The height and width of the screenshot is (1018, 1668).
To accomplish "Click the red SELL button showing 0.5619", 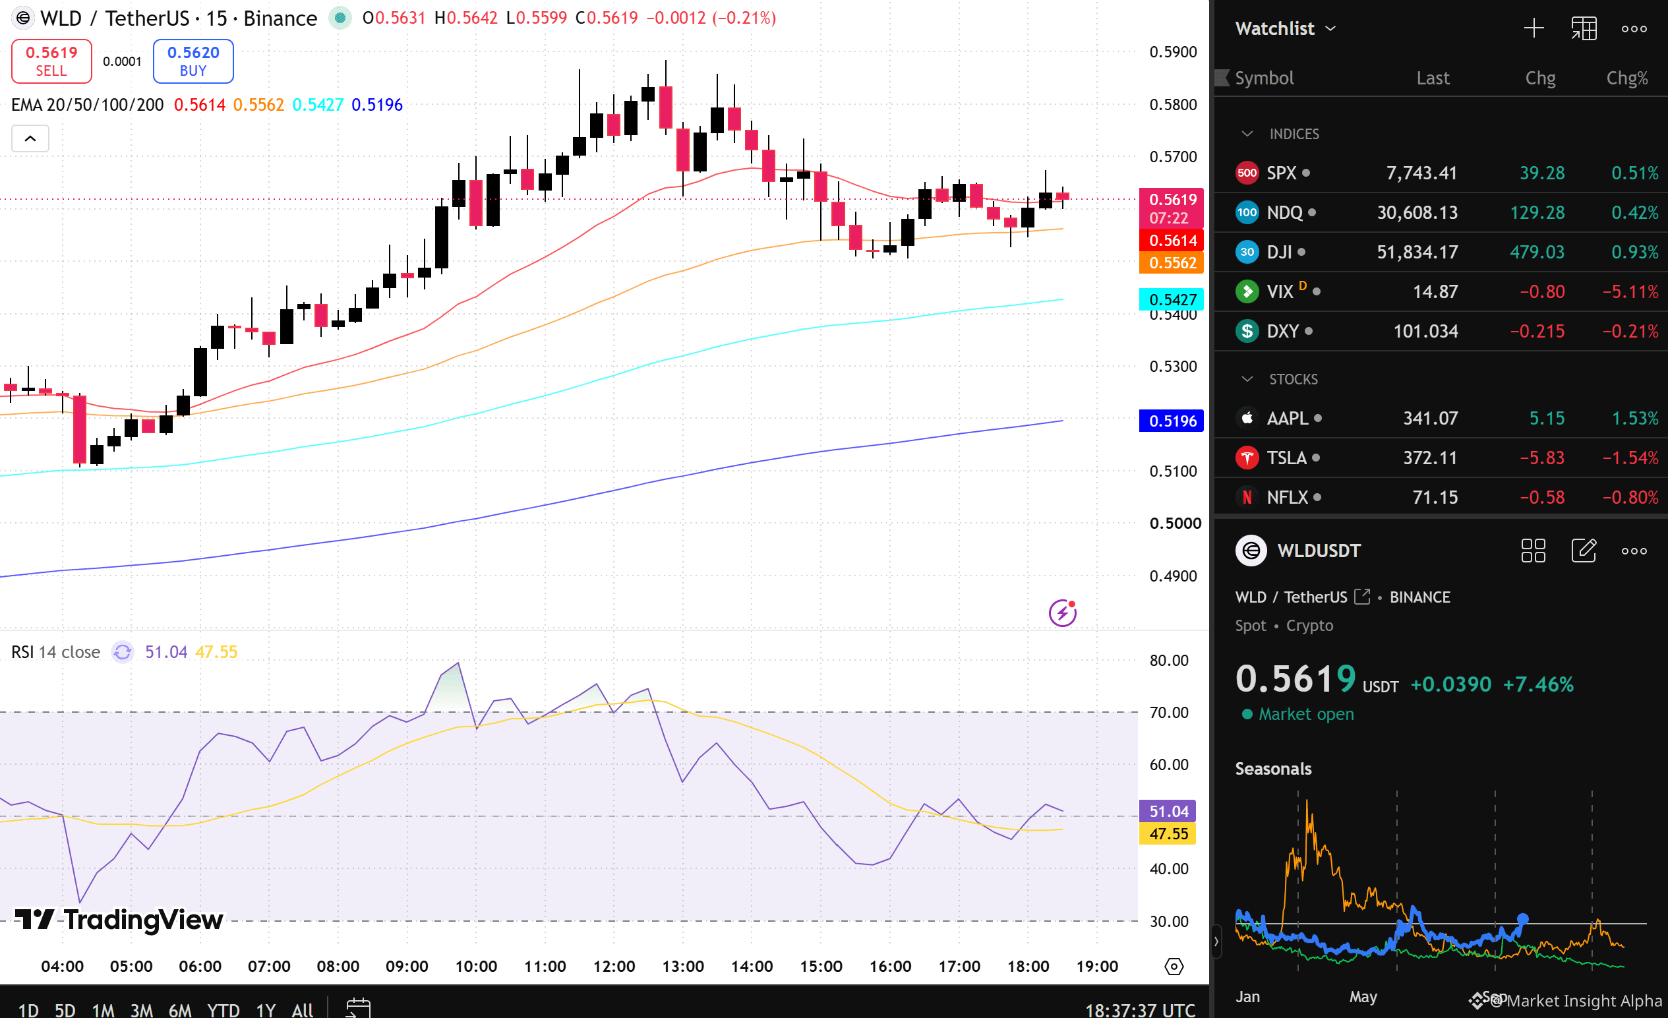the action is pos(51,61).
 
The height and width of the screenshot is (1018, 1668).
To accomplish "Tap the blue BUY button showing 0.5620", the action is pos(193,61).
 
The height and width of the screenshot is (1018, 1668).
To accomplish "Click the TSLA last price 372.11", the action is pos(1430,458).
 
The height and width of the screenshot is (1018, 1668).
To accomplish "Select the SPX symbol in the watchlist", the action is pos(1281,173).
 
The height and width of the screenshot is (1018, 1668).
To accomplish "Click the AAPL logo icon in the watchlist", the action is pos(1247,418).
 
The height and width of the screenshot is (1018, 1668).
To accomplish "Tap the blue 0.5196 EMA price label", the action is pos(1172,421).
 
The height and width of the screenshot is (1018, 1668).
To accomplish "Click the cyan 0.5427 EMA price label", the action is pos(1172,299).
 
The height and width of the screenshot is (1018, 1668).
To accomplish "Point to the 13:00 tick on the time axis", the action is pos(682,966).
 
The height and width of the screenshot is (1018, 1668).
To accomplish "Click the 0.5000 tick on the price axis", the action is pos(1174,524).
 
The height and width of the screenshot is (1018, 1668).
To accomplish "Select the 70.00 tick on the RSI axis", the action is pos(1168,712).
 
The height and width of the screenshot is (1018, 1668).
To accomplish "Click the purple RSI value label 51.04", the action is pos(1168,811).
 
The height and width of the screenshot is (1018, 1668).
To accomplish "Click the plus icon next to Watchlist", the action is pos(1534,28).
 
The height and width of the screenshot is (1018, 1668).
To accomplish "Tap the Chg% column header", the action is pos(1626,78).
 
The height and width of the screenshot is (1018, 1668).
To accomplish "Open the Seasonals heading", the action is pos(1272,769).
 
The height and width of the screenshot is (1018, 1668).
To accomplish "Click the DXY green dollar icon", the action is pos(1247,331).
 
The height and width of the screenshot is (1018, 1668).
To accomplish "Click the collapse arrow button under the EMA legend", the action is pos(30,138).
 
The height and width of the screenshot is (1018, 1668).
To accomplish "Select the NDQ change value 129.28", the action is pos(1537,212).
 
